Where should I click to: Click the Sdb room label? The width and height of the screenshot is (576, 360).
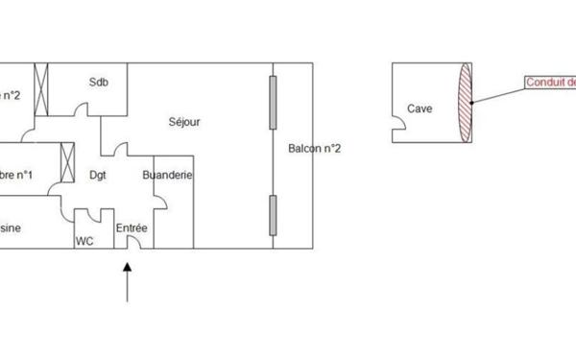point(99,82)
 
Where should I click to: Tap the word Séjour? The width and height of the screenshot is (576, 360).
point(184,122)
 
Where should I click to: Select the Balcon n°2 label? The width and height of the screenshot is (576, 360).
point(315,148)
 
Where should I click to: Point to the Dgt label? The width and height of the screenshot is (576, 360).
point(98,175)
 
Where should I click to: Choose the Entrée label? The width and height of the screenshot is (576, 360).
point(132,228)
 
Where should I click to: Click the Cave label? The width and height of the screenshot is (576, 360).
point(420,108)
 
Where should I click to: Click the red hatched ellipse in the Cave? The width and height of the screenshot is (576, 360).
point(466,103)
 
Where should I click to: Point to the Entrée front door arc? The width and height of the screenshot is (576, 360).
point(133,244)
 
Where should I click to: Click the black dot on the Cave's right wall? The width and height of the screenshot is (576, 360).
point(470,102)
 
